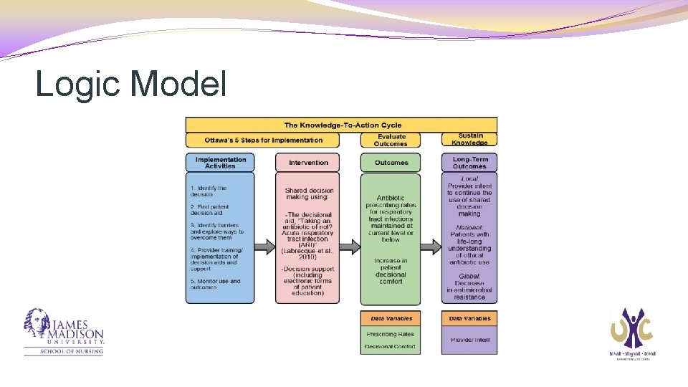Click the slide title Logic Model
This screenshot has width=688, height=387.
[x=131, y=84]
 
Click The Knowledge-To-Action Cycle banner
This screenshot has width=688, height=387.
[x=341, y=125]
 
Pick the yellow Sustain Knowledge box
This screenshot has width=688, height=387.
[x=469, y=140]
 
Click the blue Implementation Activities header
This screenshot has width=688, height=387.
[x=220, y=163]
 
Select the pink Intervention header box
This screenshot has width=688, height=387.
[x=308, y=163]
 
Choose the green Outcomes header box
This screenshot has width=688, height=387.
[x=391, y=163]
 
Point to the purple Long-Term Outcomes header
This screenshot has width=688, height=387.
[x=469, y=163]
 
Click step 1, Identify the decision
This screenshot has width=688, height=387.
[x=209, y=191]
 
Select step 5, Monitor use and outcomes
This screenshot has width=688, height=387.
[x=215, y=285]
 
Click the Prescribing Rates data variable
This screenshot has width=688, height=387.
[x=391, y=334]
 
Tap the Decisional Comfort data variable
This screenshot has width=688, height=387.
[x=391, y=347]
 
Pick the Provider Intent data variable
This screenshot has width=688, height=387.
[x=469, y=340]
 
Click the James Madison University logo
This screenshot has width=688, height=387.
[x=64, y=333]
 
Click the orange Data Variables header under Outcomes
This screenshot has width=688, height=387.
[x=391, y=318]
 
